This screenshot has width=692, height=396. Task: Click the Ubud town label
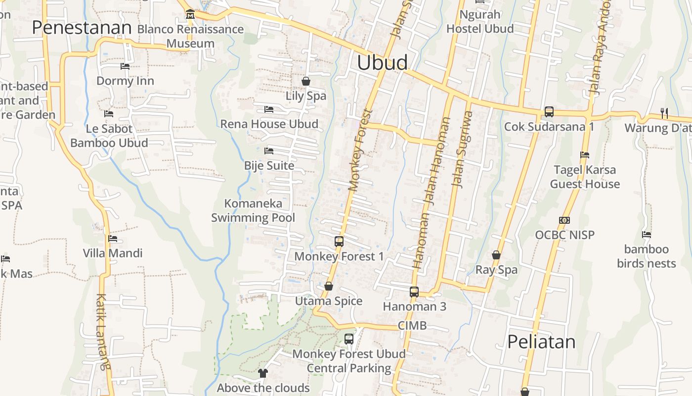(x=382, y=63)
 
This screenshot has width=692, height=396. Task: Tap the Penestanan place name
(x=82, y=28)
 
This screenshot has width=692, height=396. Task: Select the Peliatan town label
(x=541, y=342)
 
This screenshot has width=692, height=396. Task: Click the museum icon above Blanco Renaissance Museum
(x=190, y=15)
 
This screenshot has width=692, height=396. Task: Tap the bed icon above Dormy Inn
(x=125, y=66)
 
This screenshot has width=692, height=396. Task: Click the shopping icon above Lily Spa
(x=306, y=81)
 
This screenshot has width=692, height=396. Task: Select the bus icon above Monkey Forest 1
(x=339, y=242)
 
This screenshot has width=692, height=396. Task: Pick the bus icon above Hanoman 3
(x=414, y=292)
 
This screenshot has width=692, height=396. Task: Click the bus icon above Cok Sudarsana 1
(x=549, y=112)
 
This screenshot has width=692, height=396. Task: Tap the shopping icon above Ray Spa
(x=496, y=255)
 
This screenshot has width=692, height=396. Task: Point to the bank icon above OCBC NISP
(x=564, y=220)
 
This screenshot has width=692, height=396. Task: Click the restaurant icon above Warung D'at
(x=664, y=113)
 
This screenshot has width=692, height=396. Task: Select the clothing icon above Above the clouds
(x=263, y=373)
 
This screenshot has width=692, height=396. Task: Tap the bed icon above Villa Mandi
(x=113, y=239)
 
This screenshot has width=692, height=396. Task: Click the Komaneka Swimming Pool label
(x=253, y=210)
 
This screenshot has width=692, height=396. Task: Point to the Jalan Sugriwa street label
(x=462, y=149)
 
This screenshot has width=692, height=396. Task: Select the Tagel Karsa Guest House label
(x=585, y=177)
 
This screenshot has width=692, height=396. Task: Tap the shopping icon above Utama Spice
(x=329, y=287)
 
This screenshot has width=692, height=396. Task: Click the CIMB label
(x=412, y=326)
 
